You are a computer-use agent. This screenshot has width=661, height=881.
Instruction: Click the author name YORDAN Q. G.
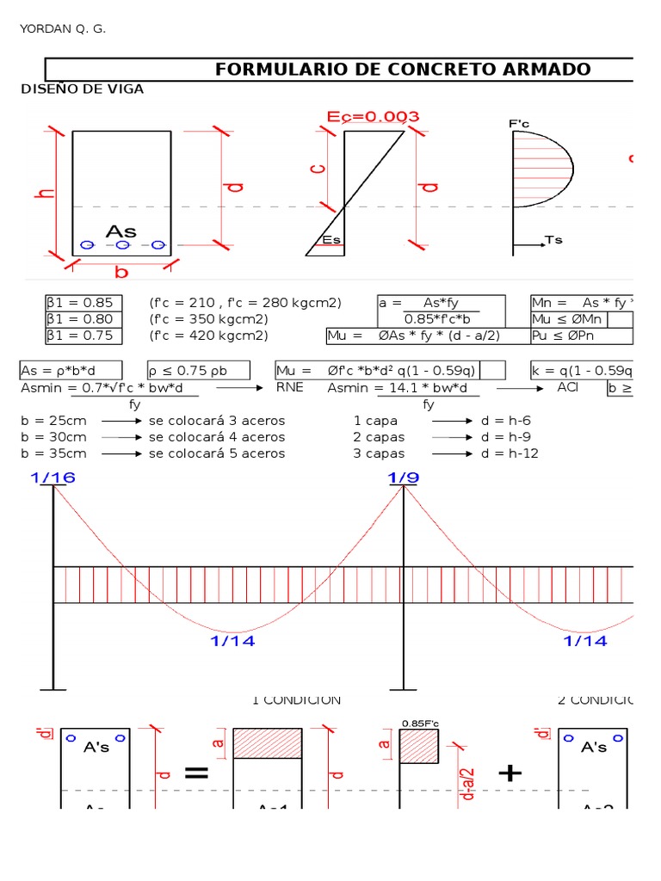pyautogui.click(x=62, y=30)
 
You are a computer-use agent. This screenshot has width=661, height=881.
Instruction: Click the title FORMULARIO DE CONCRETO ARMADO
pyautogui.click(x=403, y=70)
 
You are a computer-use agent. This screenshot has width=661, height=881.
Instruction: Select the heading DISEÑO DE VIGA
pyautogui.click(x=82, y=89)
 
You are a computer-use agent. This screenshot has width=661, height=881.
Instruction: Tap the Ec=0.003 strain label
pyautogui.click(x=374, y=117)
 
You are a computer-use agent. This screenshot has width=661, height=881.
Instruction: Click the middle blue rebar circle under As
pyautogui.click(x=122, y=245)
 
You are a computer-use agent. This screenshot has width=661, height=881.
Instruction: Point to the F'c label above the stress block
pyautogui.click(x=519, y=124)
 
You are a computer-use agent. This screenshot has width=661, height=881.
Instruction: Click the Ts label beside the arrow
pyautogui.click(x=553, y=240)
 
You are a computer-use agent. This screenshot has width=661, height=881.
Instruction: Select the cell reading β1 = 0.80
pyautogui.click(x=83, y=319)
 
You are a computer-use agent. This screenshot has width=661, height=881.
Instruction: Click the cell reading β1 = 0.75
pyautogui.click(x=83, y=336)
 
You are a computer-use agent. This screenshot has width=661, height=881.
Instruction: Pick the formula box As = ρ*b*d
pyautogui.click(x=71, y=371)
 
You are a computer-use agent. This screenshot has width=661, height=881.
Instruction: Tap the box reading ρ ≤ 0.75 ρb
pyautogui.click(x=199, y=371)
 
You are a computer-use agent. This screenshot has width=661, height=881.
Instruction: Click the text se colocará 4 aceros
pyautogui.click(x=217, y=437)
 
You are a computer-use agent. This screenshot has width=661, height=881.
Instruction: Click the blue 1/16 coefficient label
pyautogui.click(x=53, y=478)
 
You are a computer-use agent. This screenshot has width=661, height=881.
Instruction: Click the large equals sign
pyautogui.click(x=196, y=773)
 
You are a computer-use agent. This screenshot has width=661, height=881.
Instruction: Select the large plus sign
pyautogui.click(x=510, y=773)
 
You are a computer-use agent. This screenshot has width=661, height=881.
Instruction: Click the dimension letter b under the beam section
pyautogui.click(x=121, y=272)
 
